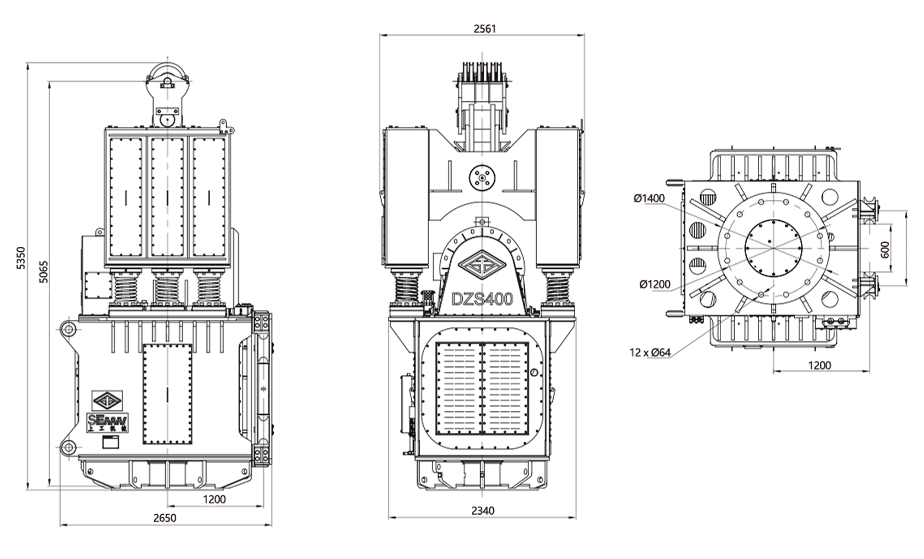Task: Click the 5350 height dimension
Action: (x=21, y=258)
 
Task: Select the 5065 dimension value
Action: (x=44, y=272)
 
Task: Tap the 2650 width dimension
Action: (x=165, y=518)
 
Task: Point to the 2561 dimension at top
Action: (x=484, y=29)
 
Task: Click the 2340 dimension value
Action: (x=482, y=511)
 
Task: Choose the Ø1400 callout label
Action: (x=649, y=199)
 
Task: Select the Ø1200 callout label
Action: (x=655, y=284)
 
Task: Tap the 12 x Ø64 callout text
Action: (x=650, y=353)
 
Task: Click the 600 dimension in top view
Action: (x=885, y=249)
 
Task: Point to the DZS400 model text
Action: (x=482, y=299)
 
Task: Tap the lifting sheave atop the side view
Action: (x=167, y=77)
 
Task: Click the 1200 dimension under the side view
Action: (x=215, y=499)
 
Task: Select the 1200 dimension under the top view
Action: (x=819, y=366)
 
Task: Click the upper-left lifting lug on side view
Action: (x=69, y=330)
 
